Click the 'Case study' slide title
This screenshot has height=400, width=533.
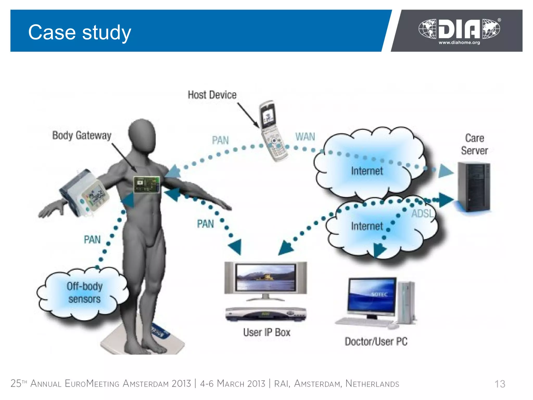[x=79, y=32]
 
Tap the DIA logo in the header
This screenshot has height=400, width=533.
[x=459, y=29]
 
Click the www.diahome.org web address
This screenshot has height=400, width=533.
[x=459, y=43]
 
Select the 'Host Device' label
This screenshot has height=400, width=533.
[x=212, y=95]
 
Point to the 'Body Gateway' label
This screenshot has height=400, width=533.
[x=82, y=135]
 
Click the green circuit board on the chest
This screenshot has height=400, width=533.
[x=147, y=185]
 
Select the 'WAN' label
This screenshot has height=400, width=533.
[x=305, y=137]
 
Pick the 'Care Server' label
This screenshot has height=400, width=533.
[x=474, y=144]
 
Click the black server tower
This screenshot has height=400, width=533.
[x=474, y=186]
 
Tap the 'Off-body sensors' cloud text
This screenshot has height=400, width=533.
[x=84, y=293]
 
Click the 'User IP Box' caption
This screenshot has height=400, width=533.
[x=266, y=333]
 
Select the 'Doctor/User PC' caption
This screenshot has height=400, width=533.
[x=376, y=341]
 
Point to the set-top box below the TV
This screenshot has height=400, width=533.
[x=265, y=314]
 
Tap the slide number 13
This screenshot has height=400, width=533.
[x=499, y=384]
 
